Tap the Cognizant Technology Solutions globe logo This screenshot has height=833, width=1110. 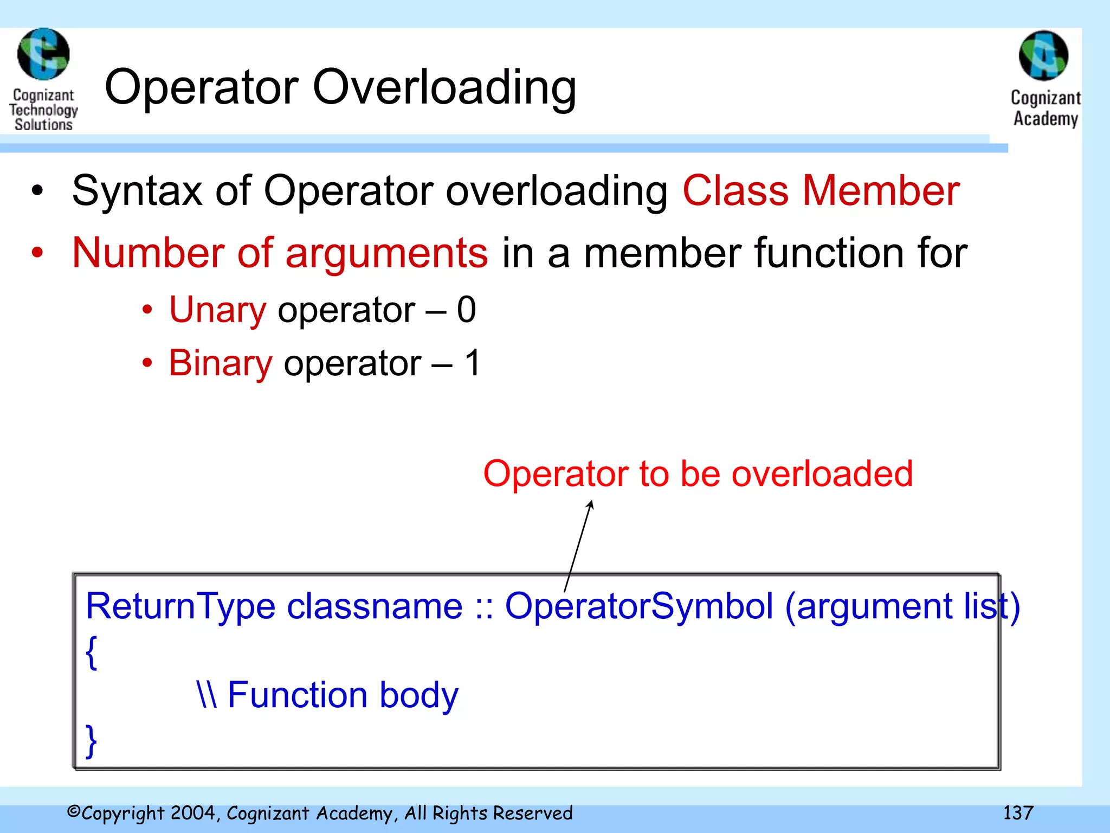tap(43, 54)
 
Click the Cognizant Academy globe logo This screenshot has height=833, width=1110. tap(1043, 56)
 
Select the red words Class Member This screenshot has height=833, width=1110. tap(821, 191)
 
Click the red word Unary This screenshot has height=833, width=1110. tap(218, 310)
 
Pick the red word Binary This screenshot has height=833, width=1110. tap(221, 363)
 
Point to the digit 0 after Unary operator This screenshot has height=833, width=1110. tap(466, 310)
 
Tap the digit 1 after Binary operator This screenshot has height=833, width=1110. tap(473, 363)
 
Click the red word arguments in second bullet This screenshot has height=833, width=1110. tap(386, 253)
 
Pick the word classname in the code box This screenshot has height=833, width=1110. tap(375, 606)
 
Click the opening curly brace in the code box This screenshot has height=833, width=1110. tap(92, 652)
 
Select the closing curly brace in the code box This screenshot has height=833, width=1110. tap(92, 741)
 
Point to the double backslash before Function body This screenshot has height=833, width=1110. tap(207, 695)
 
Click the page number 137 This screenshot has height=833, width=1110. tap(1018, 813)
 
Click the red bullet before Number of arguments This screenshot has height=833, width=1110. tap(37, 253)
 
